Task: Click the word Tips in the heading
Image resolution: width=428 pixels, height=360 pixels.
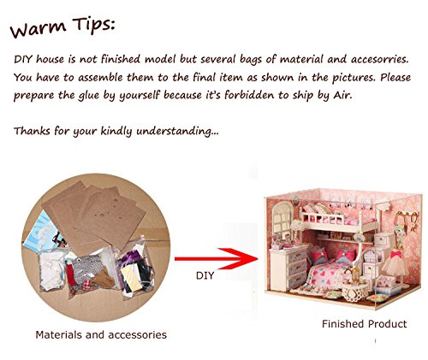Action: coord(93,24)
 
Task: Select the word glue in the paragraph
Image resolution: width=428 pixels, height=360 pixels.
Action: coord(89,96)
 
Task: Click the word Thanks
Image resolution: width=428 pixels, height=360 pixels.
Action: coord(33,131)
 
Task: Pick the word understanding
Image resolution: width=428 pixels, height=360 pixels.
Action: coord(177,132)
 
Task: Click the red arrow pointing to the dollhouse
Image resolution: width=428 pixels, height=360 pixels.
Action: coord(216,258)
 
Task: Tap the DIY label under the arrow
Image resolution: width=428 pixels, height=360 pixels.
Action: coord(205,275)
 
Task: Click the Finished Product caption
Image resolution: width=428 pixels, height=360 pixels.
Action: coord(364,324)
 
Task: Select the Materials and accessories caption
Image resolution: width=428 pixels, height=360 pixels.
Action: coord(101,334)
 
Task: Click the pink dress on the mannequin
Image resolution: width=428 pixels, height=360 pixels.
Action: coord(395,263)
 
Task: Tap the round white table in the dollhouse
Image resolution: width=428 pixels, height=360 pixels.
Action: coord(355,290)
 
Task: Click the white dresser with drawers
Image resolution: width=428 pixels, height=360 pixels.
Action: coord(288,267)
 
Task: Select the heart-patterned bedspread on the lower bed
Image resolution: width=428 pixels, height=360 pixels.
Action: coord(327,275)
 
